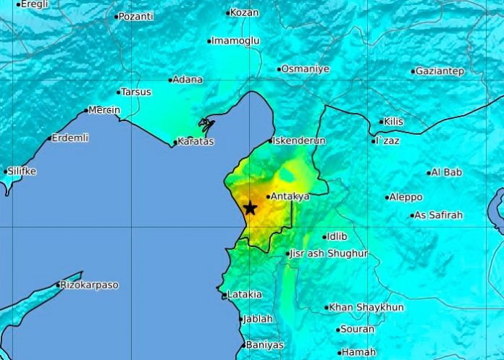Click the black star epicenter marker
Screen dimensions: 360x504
click(x=250, y=208)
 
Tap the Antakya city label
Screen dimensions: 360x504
click(x=291, y=196)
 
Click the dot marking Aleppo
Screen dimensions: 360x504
click(x=387, y=197)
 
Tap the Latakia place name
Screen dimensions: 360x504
click(x=245, y=294)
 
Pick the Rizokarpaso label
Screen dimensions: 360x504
click(x=91, y=285)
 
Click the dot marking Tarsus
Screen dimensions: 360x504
click(x=119, y=92)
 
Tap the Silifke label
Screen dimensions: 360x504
click(x=22, y=172)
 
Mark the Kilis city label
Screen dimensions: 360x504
click(x=395, y=122)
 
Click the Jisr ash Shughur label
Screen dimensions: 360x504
click(x=329, y=254)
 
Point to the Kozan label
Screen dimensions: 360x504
click(x=243, y=12)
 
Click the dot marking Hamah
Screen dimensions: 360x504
click(x=339, y=353)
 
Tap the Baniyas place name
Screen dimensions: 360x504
click(x=264, y=345)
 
